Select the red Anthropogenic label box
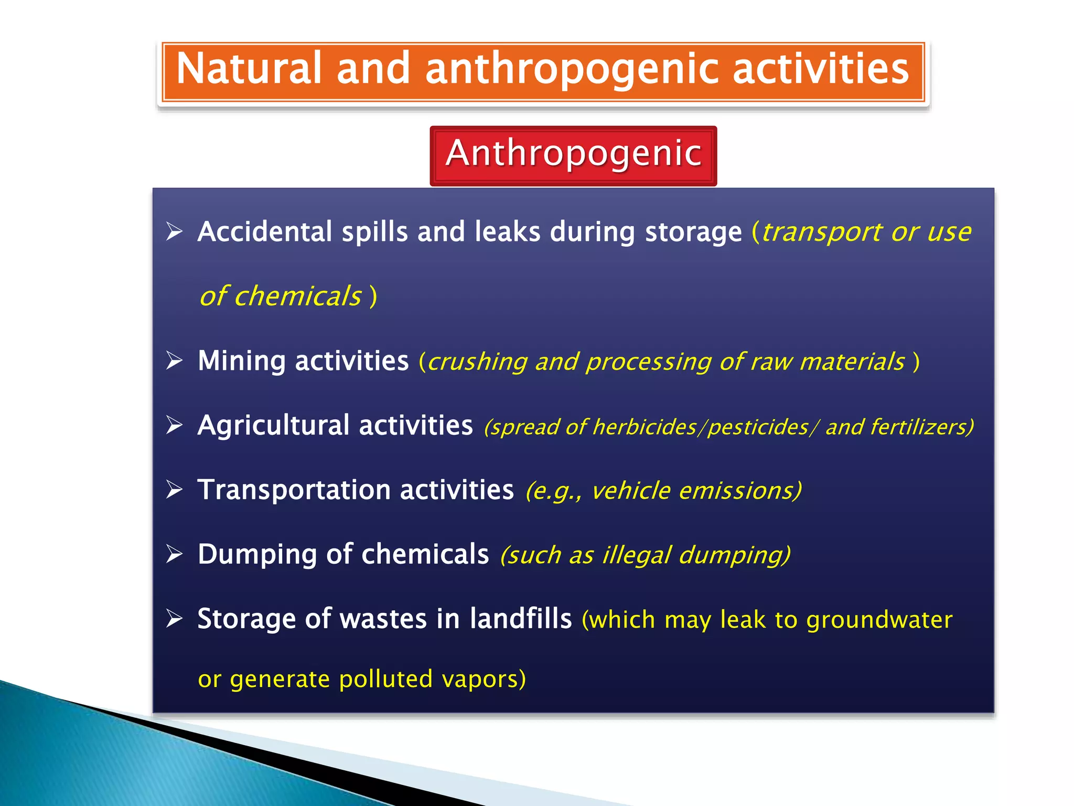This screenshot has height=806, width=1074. coord(573,155)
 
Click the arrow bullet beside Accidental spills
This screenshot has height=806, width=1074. coord(174,231)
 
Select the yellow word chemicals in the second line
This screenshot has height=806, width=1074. coord(297,296)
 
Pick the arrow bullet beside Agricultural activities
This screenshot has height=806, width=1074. coord(174,425)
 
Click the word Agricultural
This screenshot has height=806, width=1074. coord(273,426)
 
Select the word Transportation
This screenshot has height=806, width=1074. coord(294,490)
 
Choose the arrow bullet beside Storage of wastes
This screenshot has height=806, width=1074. coord(174,619)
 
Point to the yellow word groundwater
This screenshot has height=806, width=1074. coord(879,620)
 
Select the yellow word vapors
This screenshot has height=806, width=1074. coord(483,679)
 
